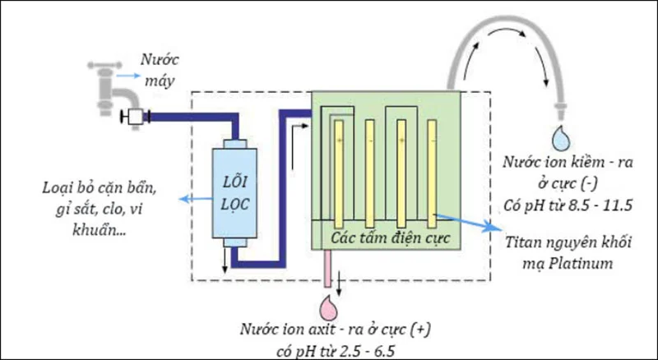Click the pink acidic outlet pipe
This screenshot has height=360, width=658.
[329, 272]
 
